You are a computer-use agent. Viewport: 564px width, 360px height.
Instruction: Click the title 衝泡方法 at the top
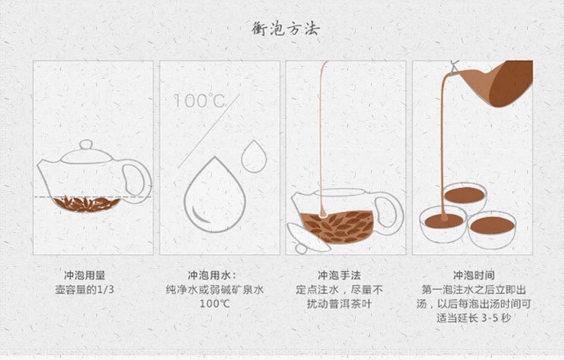286,29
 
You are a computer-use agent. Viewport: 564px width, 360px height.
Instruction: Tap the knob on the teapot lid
86,144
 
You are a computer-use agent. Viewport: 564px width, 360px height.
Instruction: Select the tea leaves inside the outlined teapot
86,204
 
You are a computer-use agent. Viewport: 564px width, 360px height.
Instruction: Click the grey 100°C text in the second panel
199,101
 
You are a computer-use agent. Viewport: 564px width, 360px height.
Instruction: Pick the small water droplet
254,157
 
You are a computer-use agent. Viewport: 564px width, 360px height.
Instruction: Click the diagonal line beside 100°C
208,132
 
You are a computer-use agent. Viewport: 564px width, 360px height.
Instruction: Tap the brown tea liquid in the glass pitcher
337,227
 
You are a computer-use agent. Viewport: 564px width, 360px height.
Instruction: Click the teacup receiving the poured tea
443,225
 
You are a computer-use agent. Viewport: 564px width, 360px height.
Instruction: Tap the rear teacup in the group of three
465,196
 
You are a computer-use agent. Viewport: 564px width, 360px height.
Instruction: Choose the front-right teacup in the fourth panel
492,229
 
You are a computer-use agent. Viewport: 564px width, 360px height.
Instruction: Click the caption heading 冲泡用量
84,276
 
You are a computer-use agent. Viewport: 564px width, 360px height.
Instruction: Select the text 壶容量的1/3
84,289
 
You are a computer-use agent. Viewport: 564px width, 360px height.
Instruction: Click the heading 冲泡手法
339,276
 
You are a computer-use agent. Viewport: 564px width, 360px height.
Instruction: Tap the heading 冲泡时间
474,276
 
